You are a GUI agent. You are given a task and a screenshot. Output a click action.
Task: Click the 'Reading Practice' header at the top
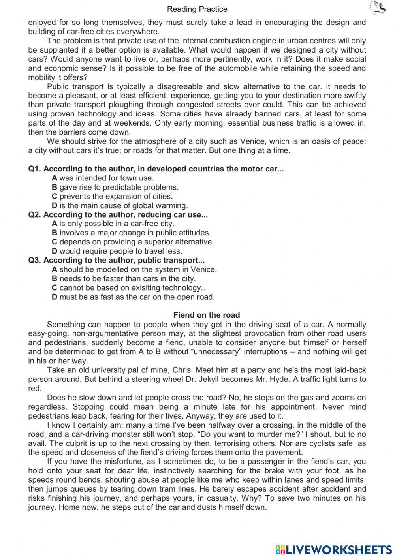tap(197, 9)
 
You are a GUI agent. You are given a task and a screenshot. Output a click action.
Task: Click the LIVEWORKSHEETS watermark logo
tap(334, 549)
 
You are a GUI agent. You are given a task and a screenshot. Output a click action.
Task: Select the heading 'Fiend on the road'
tap(207, 315)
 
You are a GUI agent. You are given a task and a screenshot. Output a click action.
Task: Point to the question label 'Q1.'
tap(35, 169)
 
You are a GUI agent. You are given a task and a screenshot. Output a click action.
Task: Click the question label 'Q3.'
tap(35, 260)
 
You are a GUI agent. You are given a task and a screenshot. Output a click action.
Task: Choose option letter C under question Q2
tap(55, 242)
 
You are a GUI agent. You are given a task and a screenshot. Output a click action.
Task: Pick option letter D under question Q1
tap(55, 205)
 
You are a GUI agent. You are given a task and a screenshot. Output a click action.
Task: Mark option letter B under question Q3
tap(55, 279)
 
